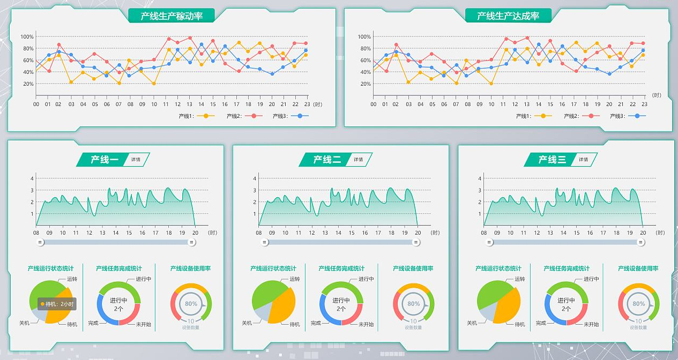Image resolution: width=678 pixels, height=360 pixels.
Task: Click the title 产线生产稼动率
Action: pyautogui.click(x=172, y=16)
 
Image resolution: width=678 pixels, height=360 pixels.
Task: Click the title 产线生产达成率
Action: pyautogui.click(x=508, y=16)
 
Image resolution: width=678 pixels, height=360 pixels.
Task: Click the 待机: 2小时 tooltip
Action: pyautogui.click(x=57, y=304)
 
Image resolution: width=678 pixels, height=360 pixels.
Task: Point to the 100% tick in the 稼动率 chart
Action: pyautogui.click(x=27, y=37)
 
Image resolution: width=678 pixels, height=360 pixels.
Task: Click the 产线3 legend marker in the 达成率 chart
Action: pyautogui.click(x=637, y=116)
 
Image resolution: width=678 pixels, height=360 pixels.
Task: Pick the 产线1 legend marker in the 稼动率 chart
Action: pyautogui.click(x=206, y=116)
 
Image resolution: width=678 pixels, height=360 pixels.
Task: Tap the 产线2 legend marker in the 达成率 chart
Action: pyautogui.click(x=591, y=116)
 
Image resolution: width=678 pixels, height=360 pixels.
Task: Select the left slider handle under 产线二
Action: pyautogui.click(x=265, y=242)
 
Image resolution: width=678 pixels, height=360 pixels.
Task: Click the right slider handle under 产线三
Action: pyautogui.click(x=641, y=242)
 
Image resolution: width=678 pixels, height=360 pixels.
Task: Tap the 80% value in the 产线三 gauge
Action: pyautogui.click(x=638, y=304)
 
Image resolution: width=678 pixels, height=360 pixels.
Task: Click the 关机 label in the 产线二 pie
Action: pyautogui.click(x=247, y=323)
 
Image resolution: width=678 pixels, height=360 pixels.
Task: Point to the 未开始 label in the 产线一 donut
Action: pyautogui.click(x=143, y=325)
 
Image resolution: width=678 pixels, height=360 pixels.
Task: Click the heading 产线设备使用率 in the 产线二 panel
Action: pyautogui.click(x=413, y=268)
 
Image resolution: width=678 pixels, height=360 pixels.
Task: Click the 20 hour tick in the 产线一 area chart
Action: pyautogui.click(x=195, y=232)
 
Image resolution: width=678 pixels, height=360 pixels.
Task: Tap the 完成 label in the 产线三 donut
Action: pyautogui.click(x=541, y=323)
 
